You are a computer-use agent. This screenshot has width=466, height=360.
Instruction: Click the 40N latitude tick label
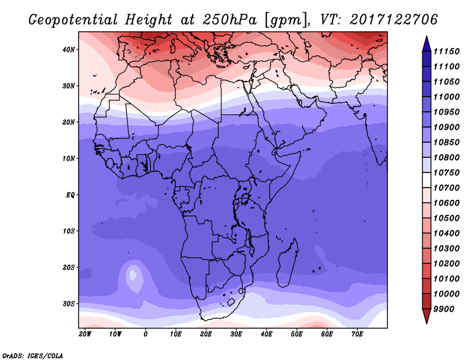pos(69,50)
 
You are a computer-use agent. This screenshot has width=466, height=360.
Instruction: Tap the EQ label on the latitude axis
pos(70,195)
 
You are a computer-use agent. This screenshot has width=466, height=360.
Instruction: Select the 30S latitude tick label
pos(69,304)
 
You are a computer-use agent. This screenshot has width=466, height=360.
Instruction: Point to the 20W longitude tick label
pos(85,334)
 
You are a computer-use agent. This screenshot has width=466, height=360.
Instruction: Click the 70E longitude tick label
pos(357,334)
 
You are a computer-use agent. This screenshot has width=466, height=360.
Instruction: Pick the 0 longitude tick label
pos(145,334)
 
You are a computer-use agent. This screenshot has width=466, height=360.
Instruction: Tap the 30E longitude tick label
pos(236,334)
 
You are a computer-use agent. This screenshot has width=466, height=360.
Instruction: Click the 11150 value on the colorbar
pos(446,51)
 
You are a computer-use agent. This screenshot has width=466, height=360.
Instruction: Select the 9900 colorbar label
pos(444,309)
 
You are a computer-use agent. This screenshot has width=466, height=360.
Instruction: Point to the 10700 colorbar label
pos(446,188)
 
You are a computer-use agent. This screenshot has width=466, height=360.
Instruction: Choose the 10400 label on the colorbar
pos(446,234)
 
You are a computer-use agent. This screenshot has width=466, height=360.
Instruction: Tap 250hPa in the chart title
pos(230,20)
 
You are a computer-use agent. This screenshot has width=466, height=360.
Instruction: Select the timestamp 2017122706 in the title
pos(394,20)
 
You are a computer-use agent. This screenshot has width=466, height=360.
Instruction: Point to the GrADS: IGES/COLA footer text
pos(33,356)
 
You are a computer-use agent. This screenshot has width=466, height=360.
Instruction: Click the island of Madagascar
pos(287,263)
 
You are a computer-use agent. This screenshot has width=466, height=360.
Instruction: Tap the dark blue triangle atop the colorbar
pos(427,44)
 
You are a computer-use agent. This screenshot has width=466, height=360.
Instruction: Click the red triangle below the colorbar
pos(427,316)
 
